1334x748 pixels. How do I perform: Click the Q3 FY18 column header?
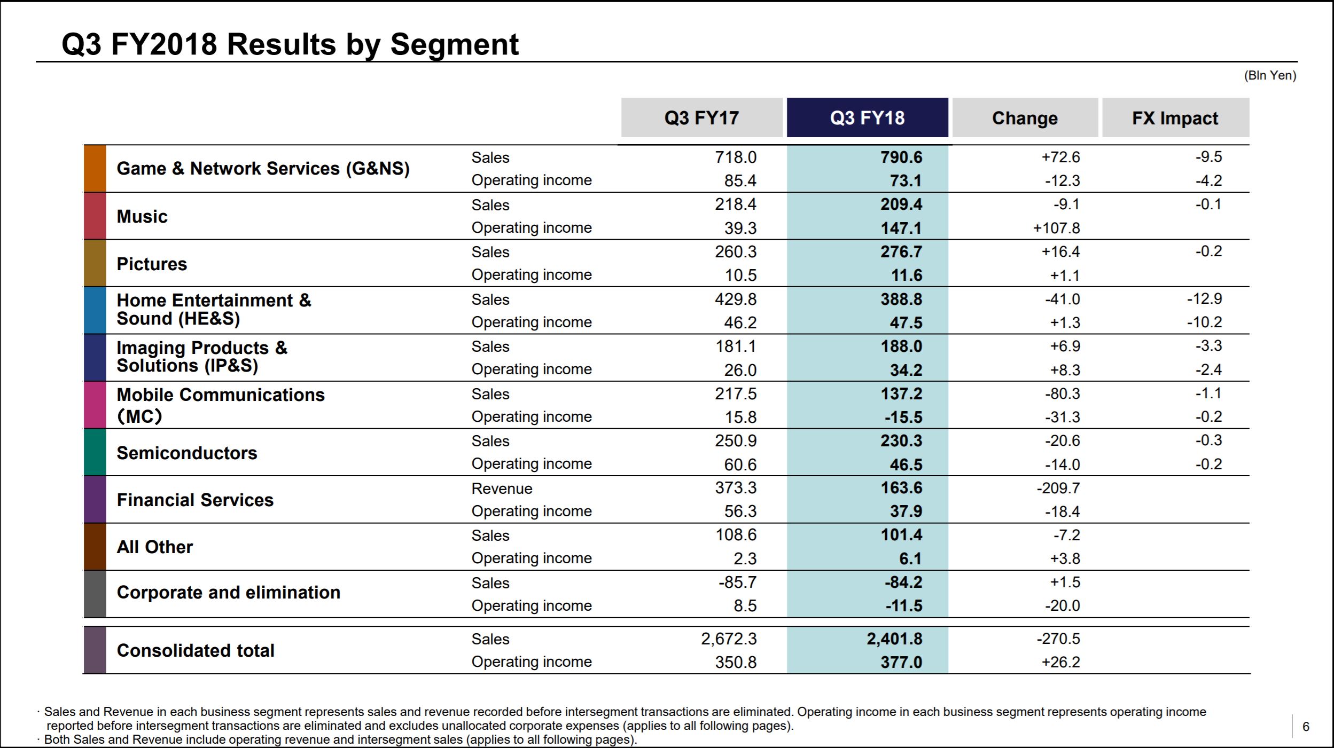[867, 117]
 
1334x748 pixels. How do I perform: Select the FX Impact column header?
[1175, 117]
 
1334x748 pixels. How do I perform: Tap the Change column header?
[1025, 117]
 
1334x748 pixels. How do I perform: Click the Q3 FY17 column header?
[701, 117]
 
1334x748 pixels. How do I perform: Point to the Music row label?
[142, 216]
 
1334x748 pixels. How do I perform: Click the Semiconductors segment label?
[187, 453]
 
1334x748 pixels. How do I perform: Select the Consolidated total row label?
[196, 650]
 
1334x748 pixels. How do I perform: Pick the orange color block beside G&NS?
[95, 168]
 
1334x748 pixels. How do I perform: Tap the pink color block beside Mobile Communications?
[95, 405]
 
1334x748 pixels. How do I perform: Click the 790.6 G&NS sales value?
[901, 157]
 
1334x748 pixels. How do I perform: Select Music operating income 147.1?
[901, 228]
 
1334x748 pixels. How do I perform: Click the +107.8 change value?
[1056, 228]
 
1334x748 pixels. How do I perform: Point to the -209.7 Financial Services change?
[1058, 488]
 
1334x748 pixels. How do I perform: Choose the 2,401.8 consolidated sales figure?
[894, 639]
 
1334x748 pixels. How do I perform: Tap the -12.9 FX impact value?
[1205, 298]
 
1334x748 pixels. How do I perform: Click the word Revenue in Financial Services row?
[502, 489]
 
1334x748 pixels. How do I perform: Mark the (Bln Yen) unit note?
[1270, 75]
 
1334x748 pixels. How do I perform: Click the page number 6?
[1306, 726]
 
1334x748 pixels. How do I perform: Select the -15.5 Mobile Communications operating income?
[903, 417]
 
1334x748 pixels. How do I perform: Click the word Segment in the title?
[454, 44]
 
